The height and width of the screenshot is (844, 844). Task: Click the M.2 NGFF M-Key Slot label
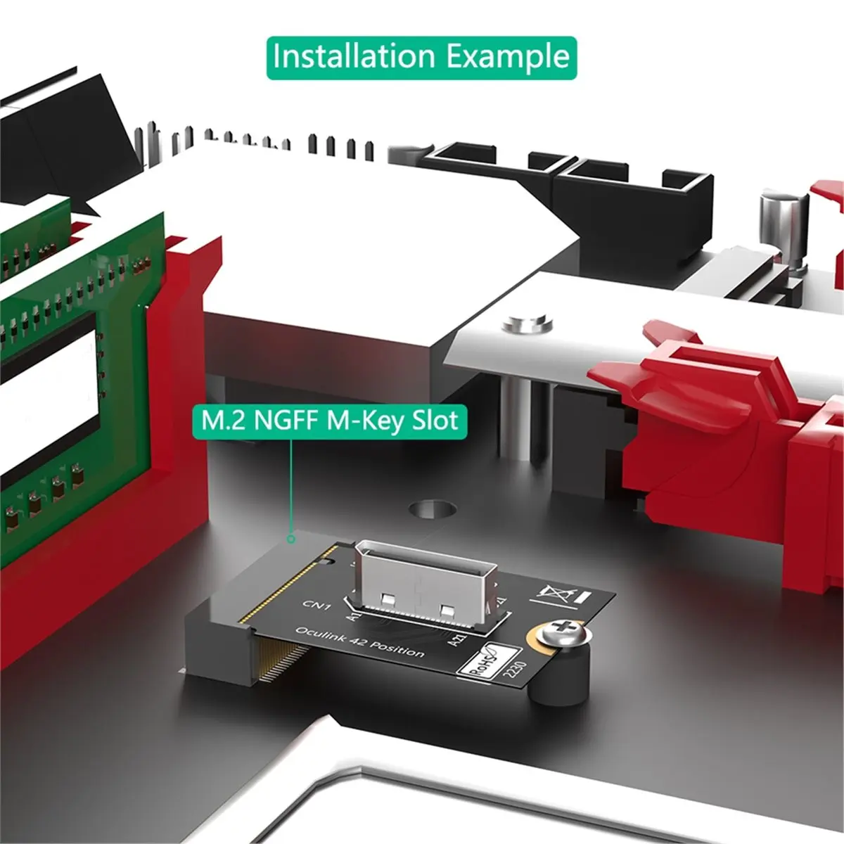[x=330, y=421]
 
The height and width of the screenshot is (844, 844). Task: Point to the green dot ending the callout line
[x=290, y=539]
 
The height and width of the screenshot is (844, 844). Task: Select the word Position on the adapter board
[x=398, y=648]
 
